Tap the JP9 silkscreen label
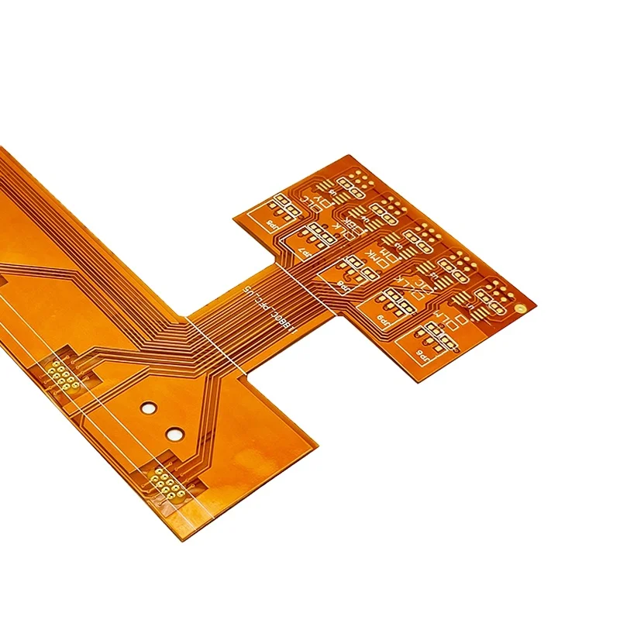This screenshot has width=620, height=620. pos(381,318)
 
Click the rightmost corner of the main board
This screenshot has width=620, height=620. pos(318,443)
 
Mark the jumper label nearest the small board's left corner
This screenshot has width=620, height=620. pos(270,223)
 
